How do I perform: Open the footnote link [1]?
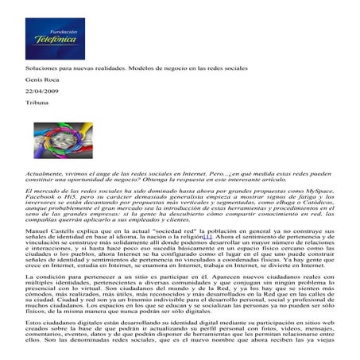(207, 242)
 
